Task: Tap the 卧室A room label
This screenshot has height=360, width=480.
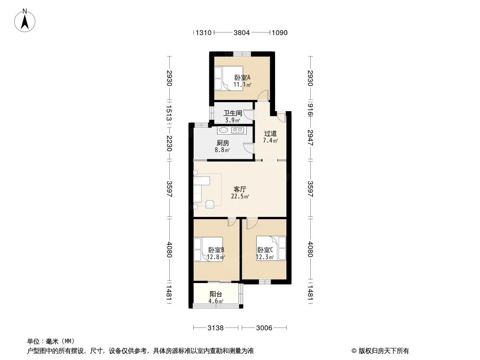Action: click(242, 78)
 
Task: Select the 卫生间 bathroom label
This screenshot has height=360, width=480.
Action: click(233, 113)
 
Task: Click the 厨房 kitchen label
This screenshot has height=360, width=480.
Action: click(223, 143)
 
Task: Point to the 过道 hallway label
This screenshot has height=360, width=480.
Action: click(270, 133)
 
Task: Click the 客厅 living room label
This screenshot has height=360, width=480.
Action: click(240, 189)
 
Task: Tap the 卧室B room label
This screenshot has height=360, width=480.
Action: click(216, 250)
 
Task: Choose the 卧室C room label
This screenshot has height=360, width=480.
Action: click(265, 250)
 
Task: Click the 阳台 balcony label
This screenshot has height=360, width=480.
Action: click(216, 294)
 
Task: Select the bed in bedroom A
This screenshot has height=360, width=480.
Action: click(229, 78)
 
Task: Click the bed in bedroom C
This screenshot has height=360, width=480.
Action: click(271, 248)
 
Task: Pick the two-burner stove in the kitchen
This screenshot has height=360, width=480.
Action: click(238, 130)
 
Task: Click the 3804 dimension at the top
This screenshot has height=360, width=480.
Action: click(241, 33)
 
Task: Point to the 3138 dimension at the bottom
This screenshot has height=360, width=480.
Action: click(216, 328)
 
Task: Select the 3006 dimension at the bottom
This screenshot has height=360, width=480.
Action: click(264, 328)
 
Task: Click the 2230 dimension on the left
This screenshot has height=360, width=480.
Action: click(169, 143)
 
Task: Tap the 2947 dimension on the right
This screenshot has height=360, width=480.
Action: click(310, 138)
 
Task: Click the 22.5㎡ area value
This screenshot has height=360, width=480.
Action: click(240, 196)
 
